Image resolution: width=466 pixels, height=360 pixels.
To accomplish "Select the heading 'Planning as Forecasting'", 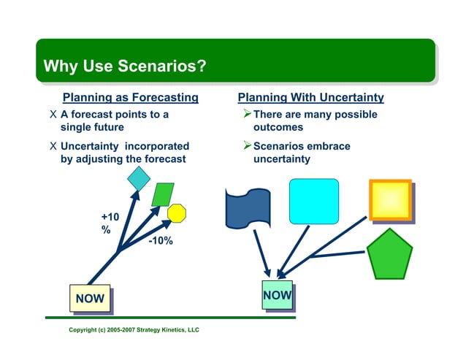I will [131, 98].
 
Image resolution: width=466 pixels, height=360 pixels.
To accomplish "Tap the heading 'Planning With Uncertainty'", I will [310, 98].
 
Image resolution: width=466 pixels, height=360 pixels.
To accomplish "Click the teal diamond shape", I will [138, 178].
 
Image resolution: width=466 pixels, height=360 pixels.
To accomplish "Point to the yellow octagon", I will [177, 212].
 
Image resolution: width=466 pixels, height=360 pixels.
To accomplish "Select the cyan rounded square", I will [314, 201].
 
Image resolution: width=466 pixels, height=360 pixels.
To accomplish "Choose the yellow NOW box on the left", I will [89, 298].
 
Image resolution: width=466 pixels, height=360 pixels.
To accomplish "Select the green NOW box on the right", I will [278, 295].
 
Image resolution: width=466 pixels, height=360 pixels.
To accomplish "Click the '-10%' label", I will [160, 242].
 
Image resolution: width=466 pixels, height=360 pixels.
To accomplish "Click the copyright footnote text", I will [134, 330].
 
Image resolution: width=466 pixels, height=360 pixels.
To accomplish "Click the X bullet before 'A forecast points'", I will [51, 115].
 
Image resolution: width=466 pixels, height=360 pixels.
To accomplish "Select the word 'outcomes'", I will [278, 128].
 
